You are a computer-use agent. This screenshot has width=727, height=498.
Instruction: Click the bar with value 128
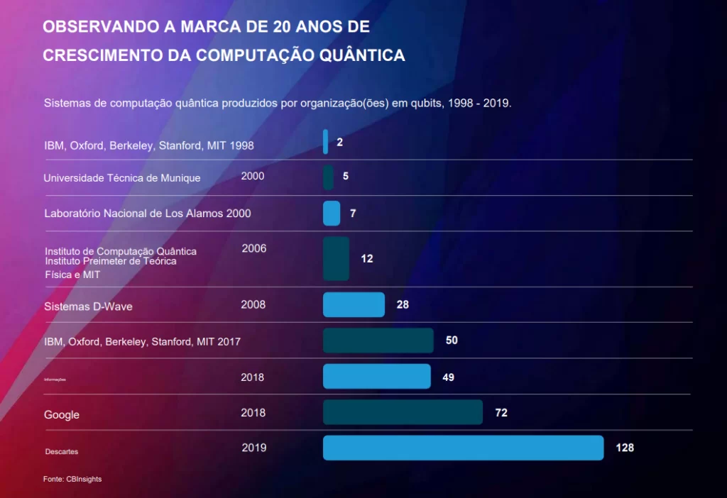tap(463, 448)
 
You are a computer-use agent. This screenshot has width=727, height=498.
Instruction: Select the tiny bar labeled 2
tap(326, 142)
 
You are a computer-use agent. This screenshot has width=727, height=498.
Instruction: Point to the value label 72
tap(501, 413)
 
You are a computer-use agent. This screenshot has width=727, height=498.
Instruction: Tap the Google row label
tap(62, 415)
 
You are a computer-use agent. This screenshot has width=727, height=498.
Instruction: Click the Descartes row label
tap(62, 452)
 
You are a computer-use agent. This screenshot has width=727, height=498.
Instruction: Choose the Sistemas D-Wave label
tap(88, 307)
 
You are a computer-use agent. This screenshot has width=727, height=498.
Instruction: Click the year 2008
tap(253, 305)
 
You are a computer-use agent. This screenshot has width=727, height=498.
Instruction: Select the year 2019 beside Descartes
tap(254, 448)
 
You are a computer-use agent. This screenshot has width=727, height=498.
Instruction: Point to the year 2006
tap(254, 248)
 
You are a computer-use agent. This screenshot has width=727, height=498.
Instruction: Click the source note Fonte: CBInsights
tap(72, 480)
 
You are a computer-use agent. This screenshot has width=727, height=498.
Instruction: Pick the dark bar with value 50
tap(378, 341)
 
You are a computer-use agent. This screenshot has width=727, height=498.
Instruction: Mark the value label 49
tap(448, 377)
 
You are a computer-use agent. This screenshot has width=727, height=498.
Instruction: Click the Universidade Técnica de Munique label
tap(122, 178)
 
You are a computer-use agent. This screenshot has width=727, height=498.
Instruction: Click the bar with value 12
tap(336, 259)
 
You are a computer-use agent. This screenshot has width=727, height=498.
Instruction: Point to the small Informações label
tap(55, 380)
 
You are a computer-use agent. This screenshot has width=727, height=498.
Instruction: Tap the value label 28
tap(403, 305)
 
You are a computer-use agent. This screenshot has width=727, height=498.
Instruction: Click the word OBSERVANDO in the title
tap(102, 27)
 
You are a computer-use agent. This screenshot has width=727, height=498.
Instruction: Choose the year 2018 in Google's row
tap(253, 413)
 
